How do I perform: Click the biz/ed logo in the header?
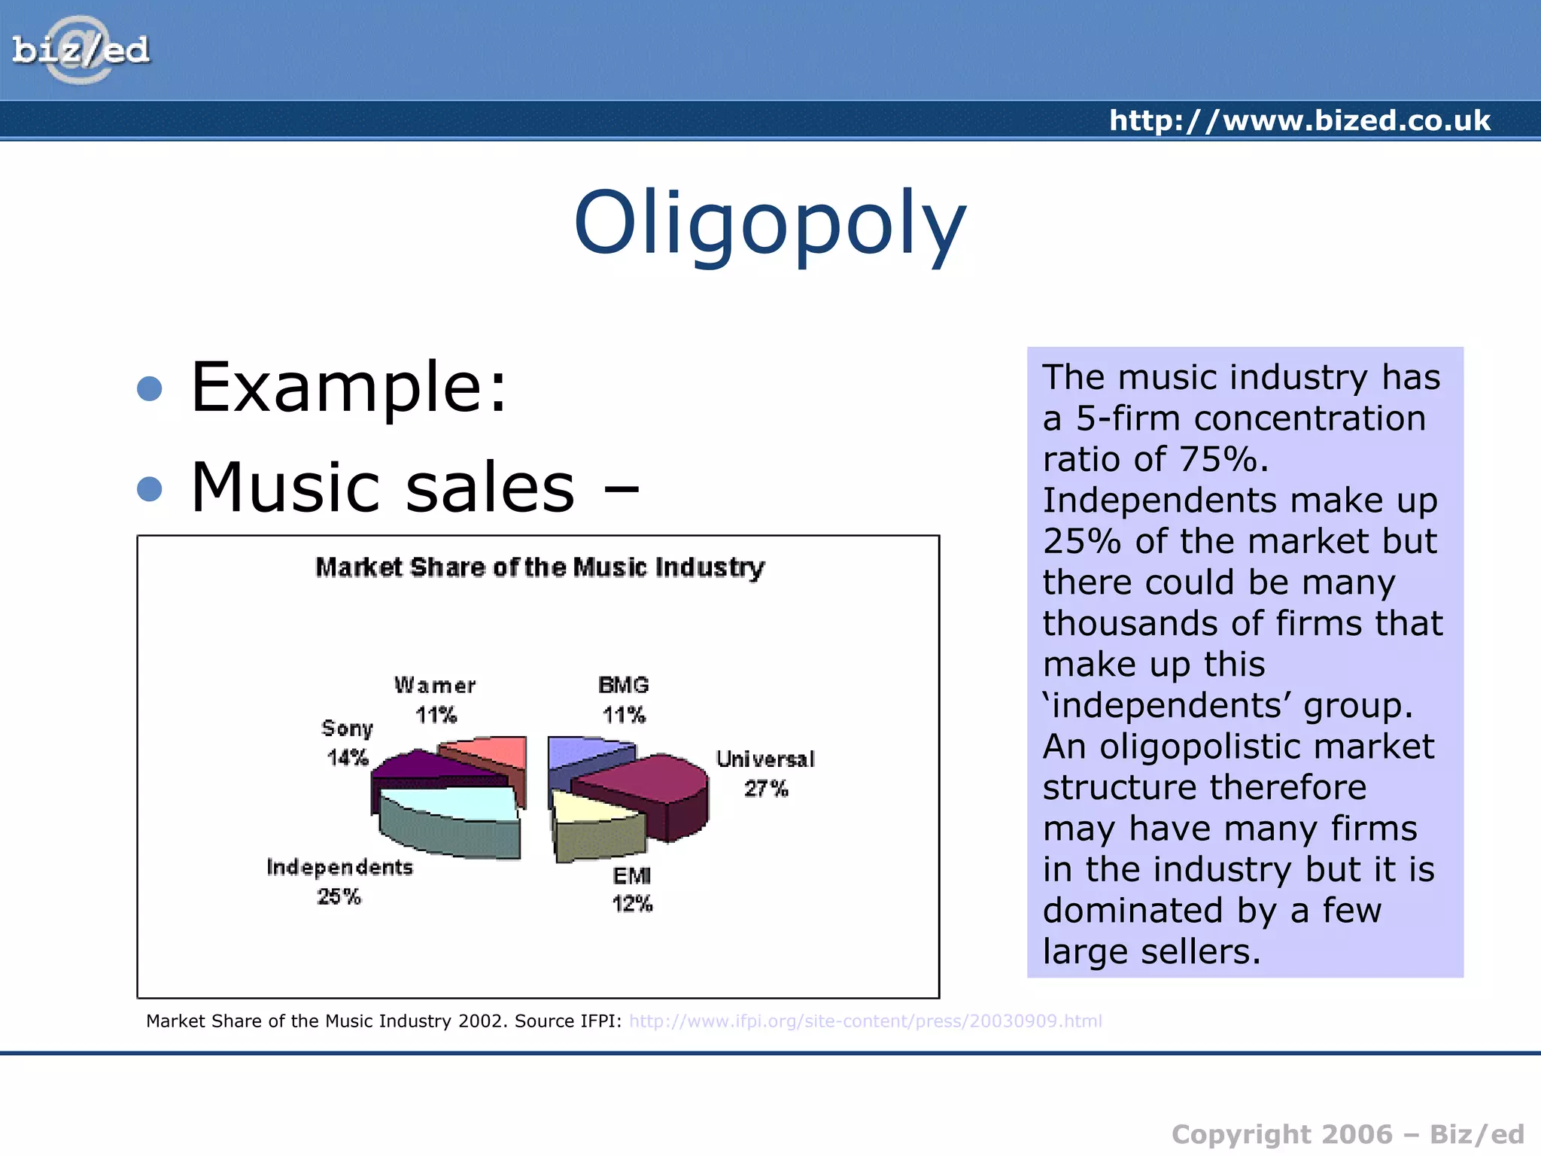(81, 50)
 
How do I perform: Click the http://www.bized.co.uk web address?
(1299, 120)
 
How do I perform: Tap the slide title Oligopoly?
(770, 224)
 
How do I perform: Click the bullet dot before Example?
(150, 388)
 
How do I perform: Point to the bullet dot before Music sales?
(150, 489)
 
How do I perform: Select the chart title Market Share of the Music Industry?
(540, 567)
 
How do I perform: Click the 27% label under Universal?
(766, 789)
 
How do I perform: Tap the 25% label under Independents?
(339, 896)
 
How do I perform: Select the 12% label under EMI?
(632, 903)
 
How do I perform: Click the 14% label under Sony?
(348, 757)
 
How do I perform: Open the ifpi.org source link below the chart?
(865, 1021)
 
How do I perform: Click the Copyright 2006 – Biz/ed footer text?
(1347, 1134)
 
